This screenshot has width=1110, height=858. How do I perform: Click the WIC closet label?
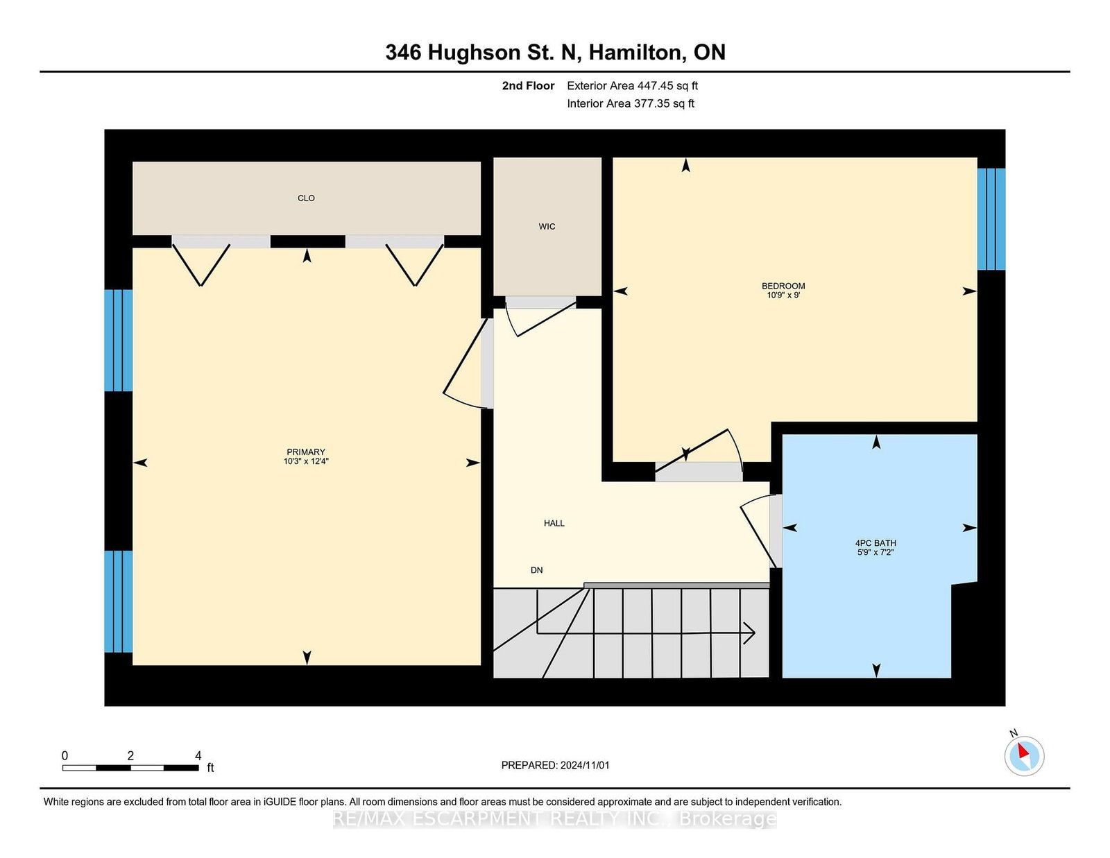click(547, 227)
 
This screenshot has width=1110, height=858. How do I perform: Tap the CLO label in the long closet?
click(306, 198)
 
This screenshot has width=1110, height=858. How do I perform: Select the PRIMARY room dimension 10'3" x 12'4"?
click(306, 461)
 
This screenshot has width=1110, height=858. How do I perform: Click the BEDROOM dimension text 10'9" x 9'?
click(783, 295)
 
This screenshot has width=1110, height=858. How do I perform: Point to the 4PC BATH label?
click(876, 543)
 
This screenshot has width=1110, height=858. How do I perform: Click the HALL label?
click(554, 524)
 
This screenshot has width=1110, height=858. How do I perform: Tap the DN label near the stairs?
click(536, 570)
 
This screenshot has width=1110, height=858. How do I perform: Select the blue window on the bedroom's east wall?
click(991, 218)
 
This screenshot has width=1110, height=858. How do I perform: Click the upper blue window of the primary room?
click(118, 340)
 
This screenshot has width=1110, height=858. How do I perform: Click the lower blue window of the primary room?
click(118, 601)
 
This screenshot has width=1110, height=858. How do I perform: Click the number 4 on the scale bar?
click(198, 756)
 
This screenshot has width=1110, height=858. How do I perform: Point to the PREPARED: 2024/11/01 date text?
click(555, 765)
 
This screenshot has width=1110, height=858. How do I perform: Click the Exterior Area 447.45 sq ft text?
click(632, 86)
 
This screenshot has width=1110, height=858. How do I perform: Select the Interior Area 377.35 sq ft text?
click(630, 103)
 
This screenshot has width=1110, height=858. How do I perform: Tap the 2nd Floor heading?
click(528, 86)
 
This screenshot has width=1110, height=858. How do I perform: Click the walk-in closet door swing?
click(541, 317)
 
